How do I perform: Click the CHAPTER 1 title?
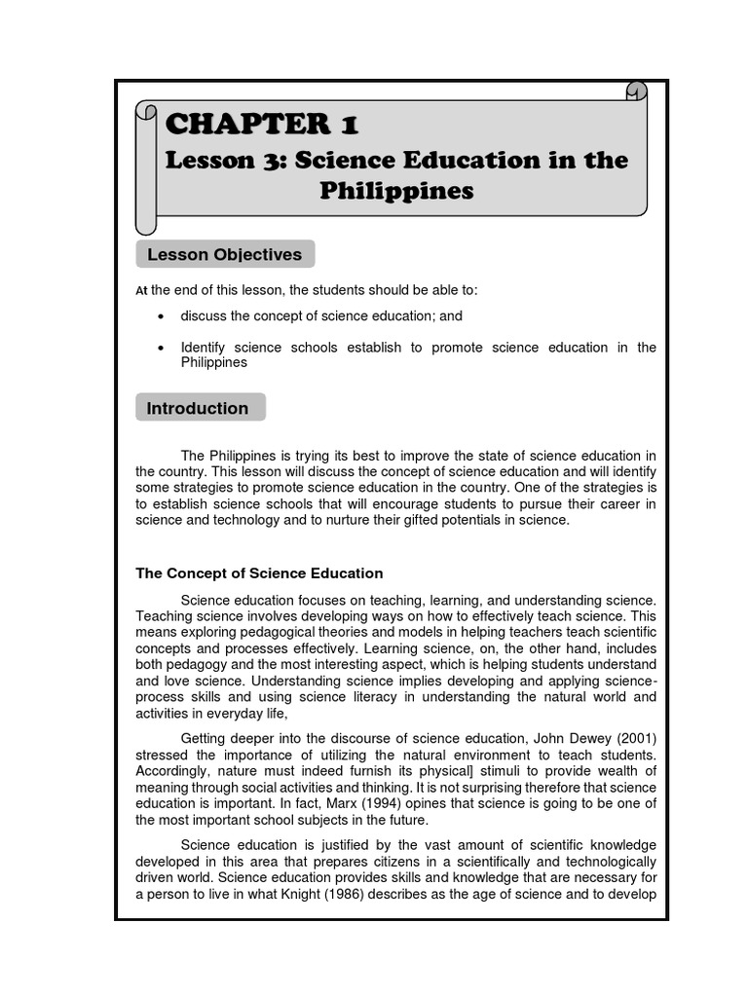point(262,125)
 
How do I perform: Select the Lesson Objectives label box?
point(224,255)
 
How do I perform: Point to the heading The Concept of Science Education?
point(259,573)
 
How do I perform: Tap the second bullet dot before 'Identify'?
point(161,348)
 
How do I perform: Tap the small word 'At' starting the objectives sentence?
point(141,291)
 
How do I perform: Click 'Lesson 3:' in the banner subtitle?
point(223,160)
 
